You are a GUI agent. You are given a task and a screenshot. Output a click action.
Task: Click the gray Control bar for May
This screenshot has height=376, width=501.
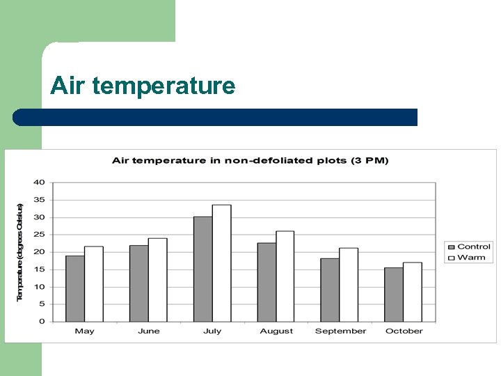75,288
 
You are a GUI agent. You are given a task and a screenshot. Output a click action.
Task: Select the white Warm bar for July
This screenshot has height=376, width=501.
221,263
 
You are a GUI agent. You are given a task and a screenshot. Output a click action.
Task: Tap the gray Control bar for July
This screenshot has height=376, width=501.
203,269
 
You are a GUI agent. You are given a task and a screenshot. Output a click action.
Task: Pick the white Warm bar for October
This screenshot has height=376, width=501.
413,292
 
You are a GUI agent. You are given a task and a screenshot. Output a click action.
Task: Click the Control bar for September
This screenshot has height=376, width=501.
330,290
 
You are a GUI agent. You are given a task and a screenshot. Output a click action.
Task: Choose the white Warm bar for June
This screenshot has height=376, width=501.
157,280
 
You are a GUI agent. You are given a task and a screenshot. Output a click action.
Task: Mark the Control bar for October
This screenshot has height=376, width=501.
394,295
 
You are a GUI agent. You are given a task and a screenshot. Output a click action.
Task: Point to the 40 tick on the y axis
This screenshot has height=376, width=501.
39,182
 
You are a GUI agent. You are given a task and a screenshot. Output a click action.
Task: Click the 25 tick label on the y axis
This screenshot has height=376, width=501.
39,235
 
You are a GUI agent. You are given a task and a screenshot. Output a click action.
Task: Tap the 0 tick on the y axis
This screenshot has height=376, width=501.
42,322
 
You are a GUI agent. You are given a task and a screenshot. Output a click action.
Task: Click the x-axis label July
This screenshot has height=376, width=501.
212,331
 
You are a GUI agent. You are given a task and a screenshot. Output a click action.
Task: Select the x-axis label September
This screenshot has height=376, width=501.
340,331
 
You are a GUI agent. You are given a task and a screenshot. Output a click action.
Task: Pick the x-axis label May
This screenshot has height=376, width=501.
84,331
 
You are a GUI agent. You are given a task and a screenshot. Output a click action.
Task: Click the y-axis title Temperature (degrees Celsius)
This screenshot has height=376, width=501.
20,252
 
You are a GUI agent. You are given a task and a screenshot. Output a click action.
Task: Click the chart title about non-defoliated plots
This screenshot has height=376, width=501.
250,161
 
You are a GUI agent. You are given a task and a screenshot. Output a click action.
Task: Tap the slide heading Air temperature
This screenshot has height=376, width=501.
143,86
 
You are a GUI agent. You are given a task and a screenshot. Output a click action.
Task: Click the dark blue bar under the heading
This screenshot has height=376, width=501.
216,117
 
